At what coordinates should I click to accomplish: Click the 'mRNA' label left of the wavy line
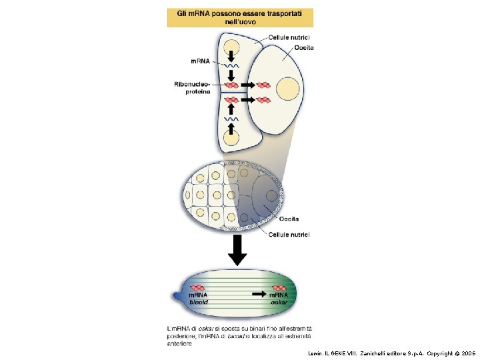point(200,61)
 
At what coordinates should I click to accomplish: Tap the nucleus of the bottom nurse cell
point(231,138)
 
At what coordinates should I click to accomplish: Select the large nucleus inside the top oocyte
point(288,89)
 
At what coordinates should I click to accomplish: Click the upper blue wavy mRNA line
point(231,67)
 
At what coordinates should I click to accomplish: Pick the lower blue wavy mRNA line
point(231,119)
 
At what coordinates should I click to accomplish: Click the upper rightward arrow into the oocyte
point(247,85)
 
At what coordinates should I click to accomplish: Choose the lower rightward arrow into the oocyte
point(247,100)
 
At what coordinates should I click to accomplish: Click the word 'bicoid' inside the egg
point(199,301)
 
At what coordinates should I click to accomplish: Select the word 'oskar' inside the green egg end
point(279,301)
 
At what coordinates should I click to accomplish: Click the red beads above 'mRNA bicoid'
point(199,287)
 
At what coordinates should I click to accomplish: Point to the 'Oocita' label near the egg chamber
point(289,219)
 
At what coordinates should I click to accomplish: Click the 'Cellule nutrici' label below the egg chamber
point(289,234)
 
